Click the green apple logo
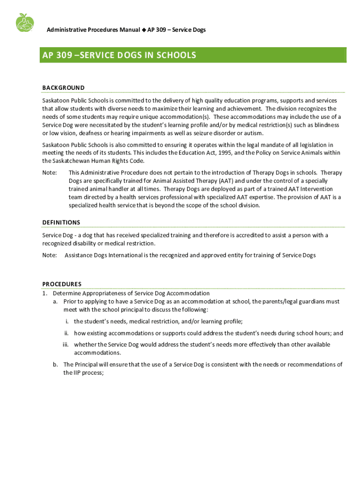tap(24, 22)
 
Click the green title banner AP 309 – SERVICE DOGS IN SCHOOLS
tap(194, 55)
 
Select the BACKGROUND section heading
tap(63, 87)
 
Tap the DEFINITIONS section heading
tap(61, 222)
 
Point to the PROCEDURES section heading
tap(62, 284)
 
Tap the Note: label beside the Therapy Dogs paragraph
tap(50, 173)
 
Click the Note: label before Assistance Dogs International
tap(50, 255)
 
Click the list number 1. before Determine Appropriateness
tap(45, 293)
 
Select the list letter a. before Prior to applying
tap(56, 302)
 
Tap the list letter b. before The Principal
tap(56, 364)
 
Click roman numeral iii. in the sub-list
tap(65, 344)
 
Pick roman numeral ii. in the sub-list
tap(66, 333)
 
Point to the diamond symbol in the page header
tap(144, 30)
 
